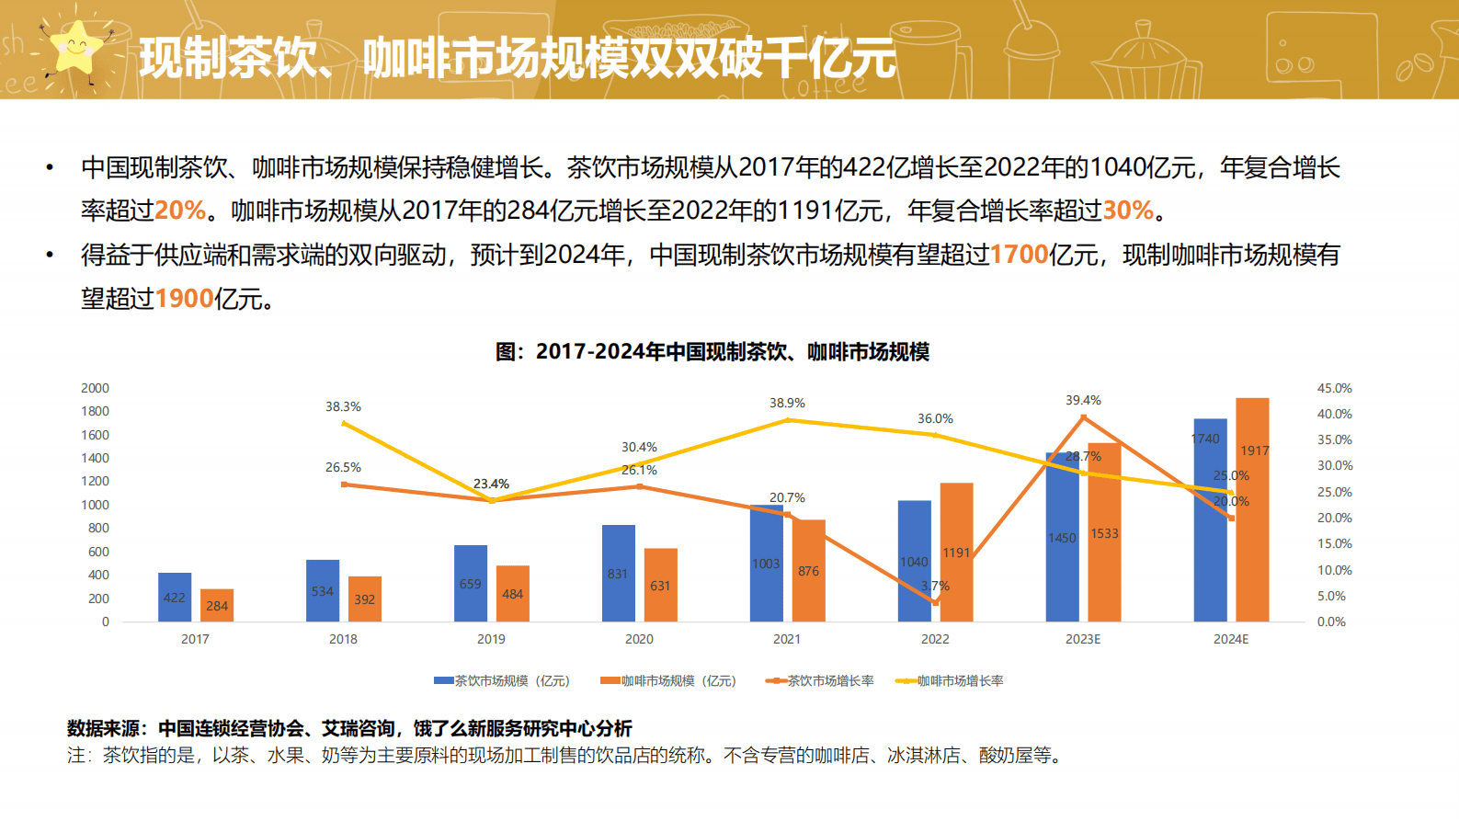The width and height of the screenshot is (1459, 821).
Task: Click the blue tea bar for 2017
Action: (x=175, y=597)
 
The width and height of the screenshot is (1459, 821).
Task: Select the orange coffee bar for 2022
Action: (x=956, y=552)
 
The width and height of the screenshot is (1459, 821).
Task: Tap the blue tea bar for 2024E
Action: (x=1210, y=519)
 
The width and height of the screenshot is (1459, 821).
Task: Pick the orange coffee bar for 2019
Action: (x=513, y=593)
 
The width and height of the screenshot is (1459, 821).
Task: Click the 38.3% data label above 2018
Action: (x=343, y=406)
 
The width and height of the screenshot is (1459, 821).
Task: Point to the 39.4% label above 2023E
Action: (x=1083, y=400)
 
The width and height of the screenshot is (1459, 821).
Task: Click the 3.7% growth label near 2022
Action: (x=935, y=586)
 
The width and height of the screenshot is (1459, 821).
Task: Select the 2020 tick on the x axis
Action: (x=639, y=639)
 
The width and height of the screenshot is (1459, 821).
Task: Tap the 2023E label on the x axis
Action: (x=1083, y=639)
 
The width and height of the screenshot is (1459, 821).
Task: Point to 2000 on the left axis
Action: (x=95, y=388)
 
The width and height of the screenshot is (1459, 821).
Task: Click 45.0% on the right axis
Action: (x=1334, y=388)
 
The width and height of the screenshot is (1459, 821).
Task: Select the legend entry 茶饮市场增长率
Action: (x=820, y=681)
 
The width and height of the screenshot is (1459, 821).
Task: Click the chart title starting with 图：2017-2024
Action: (x=712, y=352)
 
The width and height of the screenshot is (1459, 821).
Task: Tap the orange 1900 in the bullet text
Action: (x=184, y=299)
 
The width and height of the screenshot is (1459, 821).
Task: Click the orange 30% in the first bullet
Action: (x=1128, y=211)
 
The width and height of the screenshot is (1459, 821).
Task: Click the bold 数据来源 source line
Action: (x=349, y=729)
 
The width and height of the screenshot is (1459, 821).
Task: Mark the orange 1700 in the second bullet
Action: (x=1019, y=255)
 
